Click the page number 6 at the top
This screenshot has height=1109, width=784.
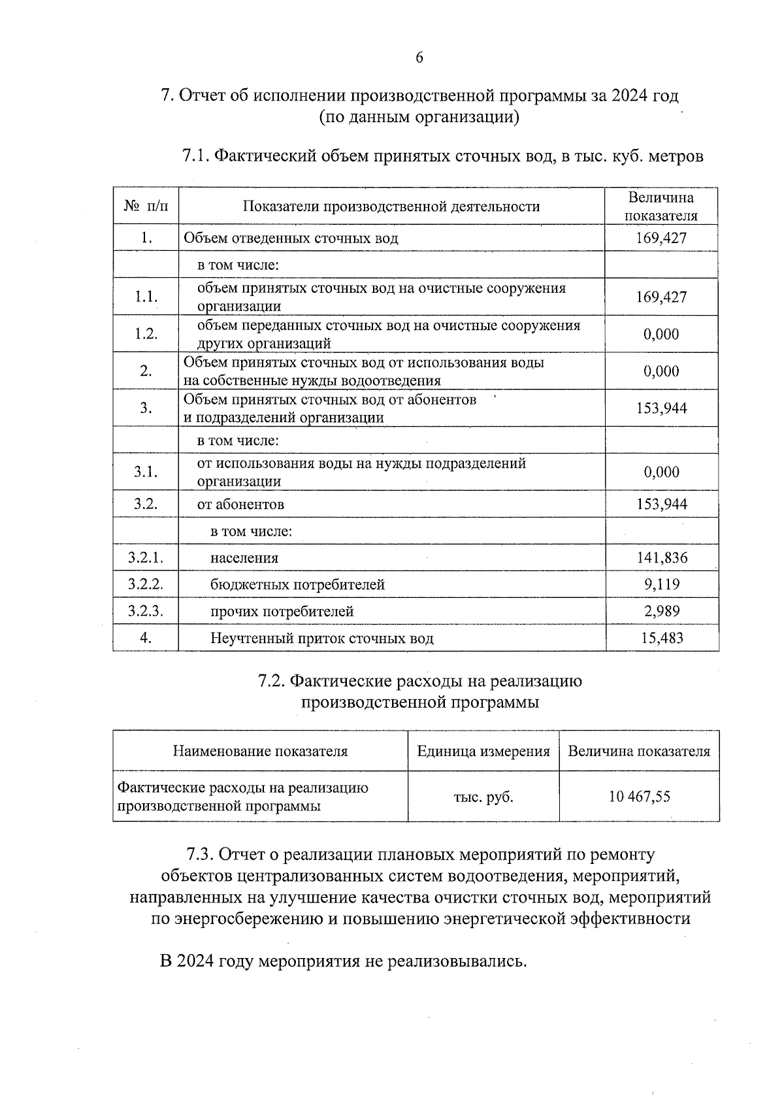(x=419, y=58)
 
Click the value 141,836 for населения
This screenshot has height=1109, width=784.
(x=662, y=558)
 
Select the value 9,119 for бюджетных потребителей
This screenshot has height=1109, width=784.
(x=662, y=584)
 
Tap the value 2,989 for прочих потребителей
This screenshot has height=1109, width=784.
(x=662, y=612)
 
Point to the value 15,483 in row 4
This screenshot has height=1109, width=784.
(x=662, y=638)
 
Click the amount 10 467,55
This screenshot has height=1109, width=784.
(x=639, y=797)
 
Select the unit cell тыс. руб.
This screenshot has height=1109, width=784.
(x=483, y=797)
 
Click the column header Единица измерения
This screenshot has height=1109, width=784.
(x=483, y=752)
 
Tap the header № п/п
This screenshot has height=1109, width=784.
(x=146, y=207)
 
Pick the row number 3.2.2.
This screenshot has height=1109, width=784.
(x=145, y=584)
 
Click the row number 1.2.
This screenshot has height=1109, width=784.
(x=146, y=334)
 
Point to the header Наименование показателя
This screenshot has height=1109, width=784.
(x=260, y=752)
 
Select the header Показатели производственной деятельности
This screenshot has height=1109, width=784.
(x=391, y=207)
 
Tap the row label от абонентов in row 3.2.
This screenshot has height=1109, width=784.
(x=240, y=505)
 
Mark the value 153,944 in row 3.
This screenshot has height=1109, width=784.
(x=662, y=408)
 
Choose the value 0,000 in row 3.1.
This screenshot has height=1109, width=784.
(x=662, y=472)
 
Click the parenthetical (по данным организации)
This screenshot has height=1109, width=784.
(x=419, y=118)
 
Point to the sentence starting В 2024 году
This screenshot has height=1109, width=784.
(x=343, y=962)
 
